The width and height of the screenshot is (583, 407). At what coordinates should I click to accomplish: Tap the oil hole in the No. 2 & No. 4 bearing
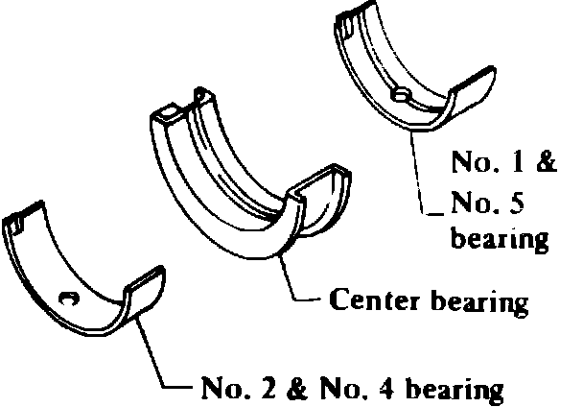click(x=67, y=299)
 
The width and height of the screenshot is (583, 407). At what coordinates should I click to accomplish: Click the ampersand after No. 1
click(x=545, y=161)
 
